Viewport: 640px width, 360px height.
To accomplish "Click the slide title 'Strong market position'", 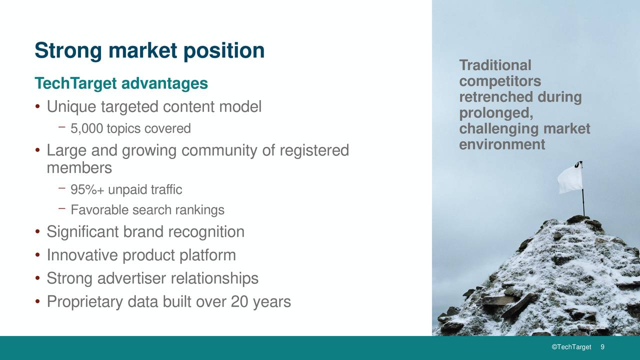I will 149,51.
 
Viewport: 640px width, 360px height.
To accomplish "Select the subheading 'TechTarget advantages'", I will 121,83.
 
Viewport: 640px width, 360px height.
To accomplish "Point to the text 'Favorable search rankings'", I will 147,210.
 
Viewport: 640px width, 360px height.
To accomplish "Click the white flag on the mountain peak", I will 569,179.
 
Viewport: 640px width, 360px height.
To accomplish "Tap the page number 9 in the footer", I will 602,347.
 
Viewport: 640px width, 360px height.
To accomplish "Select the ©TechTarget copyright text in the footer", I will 571,347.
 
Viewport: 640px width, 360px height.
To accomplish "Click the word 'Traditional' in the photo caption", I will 495,65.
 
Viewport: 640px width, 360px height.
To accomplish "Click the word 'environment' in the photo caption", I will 502,145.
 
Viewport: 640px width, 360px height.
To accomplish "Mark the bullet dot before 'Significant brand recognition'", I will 37,232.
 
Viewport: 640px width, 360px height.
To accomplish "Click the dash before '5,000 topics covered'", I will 61,128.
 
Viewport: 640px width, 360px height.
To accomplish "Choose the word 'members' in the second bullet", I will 79,168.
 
